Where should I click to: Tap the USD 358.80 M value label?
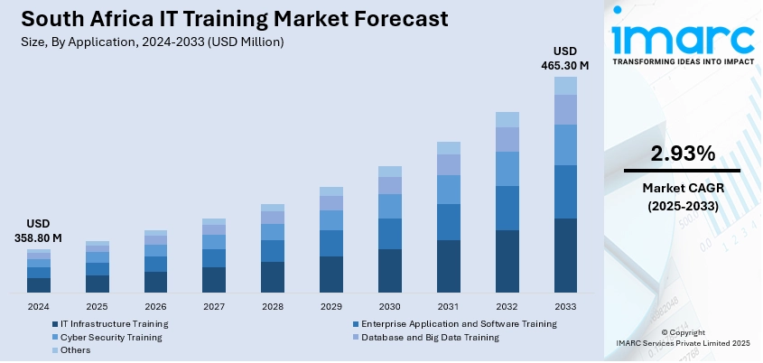point(38,231)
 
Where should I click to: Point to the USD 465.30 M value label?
point(565,59)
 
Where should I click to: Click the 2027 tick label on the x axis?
point(213,307)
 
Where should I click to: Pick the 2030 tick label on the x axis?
point(389,307)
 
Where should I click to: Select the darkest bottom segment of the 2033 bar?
point(565,256)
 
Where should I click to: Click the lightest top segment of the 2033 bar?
point(565,86)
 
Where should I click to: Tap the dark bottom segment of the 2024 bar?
point(39,285)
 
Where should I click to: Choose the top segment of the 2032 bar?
point(507,119)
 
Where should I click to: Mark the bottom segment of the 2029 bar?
point(331,275)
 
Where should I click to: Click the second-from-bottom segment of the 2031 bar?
point(448,222)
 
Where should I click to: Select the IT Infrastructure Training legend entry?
point(114,323)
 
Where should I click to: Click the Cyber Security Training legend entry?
point(111,337)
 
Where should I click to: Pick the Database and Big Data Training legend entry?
point(430,337)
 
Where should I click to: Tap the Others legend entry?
point(75,350)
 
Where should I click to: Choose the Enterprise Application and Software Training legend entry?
point(459,323)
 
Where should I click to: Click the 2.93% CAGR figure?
point(681,154)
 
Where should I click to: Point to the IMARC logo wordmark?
point(683,38)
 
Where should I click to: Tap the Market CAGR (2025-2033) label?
point(681,196)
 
